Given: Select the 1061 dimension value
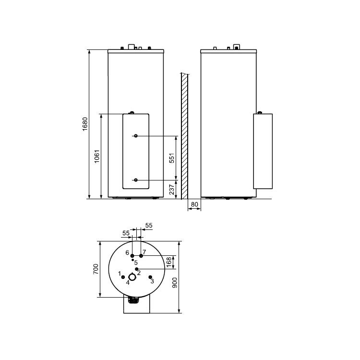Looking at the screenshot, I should click(x=97, y=156).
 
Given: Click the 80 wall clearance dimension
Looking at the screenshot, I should click(x=194, y=204).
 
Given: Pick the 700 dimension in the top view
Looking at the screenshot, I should click(x=96, y=269).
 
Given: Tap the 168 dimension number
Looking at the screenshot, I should click(x=168, y=262).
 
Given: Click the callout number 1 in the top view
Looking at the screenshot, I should click(x=120, y=273).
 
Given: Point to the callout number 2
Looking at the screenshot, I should click(x=139, y=273).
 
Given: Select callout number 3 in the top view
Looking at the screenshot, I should click(x=152, y=281).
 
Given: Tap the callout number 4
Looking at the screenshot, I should click(x=128, y=282).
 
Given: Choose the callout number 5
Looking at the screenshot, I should click(x=136, y=263).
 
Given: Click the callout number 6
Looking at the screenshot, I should click(x=127, y=252).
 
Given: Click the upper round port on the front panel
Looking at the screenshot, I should click(x=136, y=136).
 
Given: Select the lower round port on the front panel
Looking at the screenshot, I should click(x=136, y=180).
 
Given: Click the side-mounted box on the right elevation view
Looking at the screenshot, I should click(x=263, y=151).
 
